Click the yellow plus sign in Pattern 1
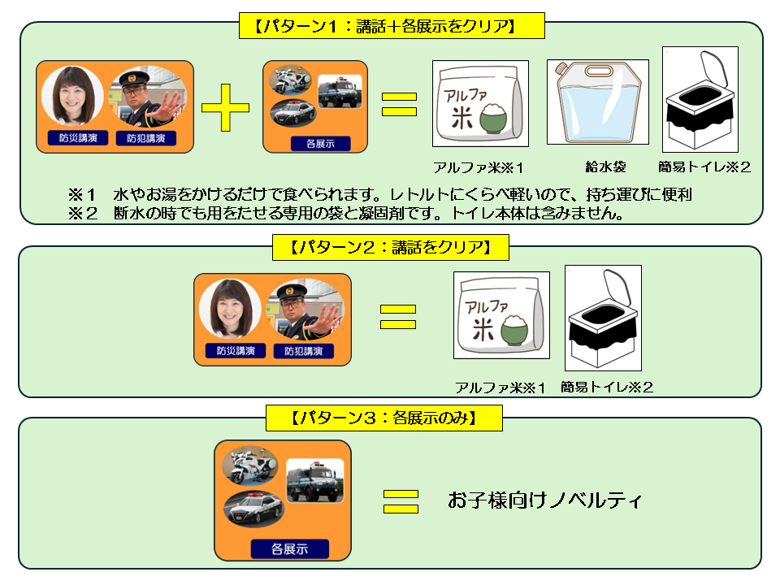225,106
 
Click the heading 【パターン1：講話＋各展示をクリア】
391,26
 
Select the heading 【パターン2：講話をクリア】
390,247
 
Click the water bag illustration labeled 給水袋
597,102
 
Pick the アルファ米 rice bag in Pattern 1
479,104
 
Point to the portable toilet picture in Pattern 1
700,99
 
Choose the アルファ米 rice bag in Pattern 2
501,315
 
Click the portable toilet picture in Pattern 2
603,317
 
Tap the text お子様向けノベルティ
544,500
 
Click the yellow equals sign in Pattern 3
401,500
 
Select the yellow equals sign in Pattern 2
398,317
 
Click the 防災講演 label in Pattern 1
78,138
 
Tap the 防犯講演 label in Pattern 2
303,351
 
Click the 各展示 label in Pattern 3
289,548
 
